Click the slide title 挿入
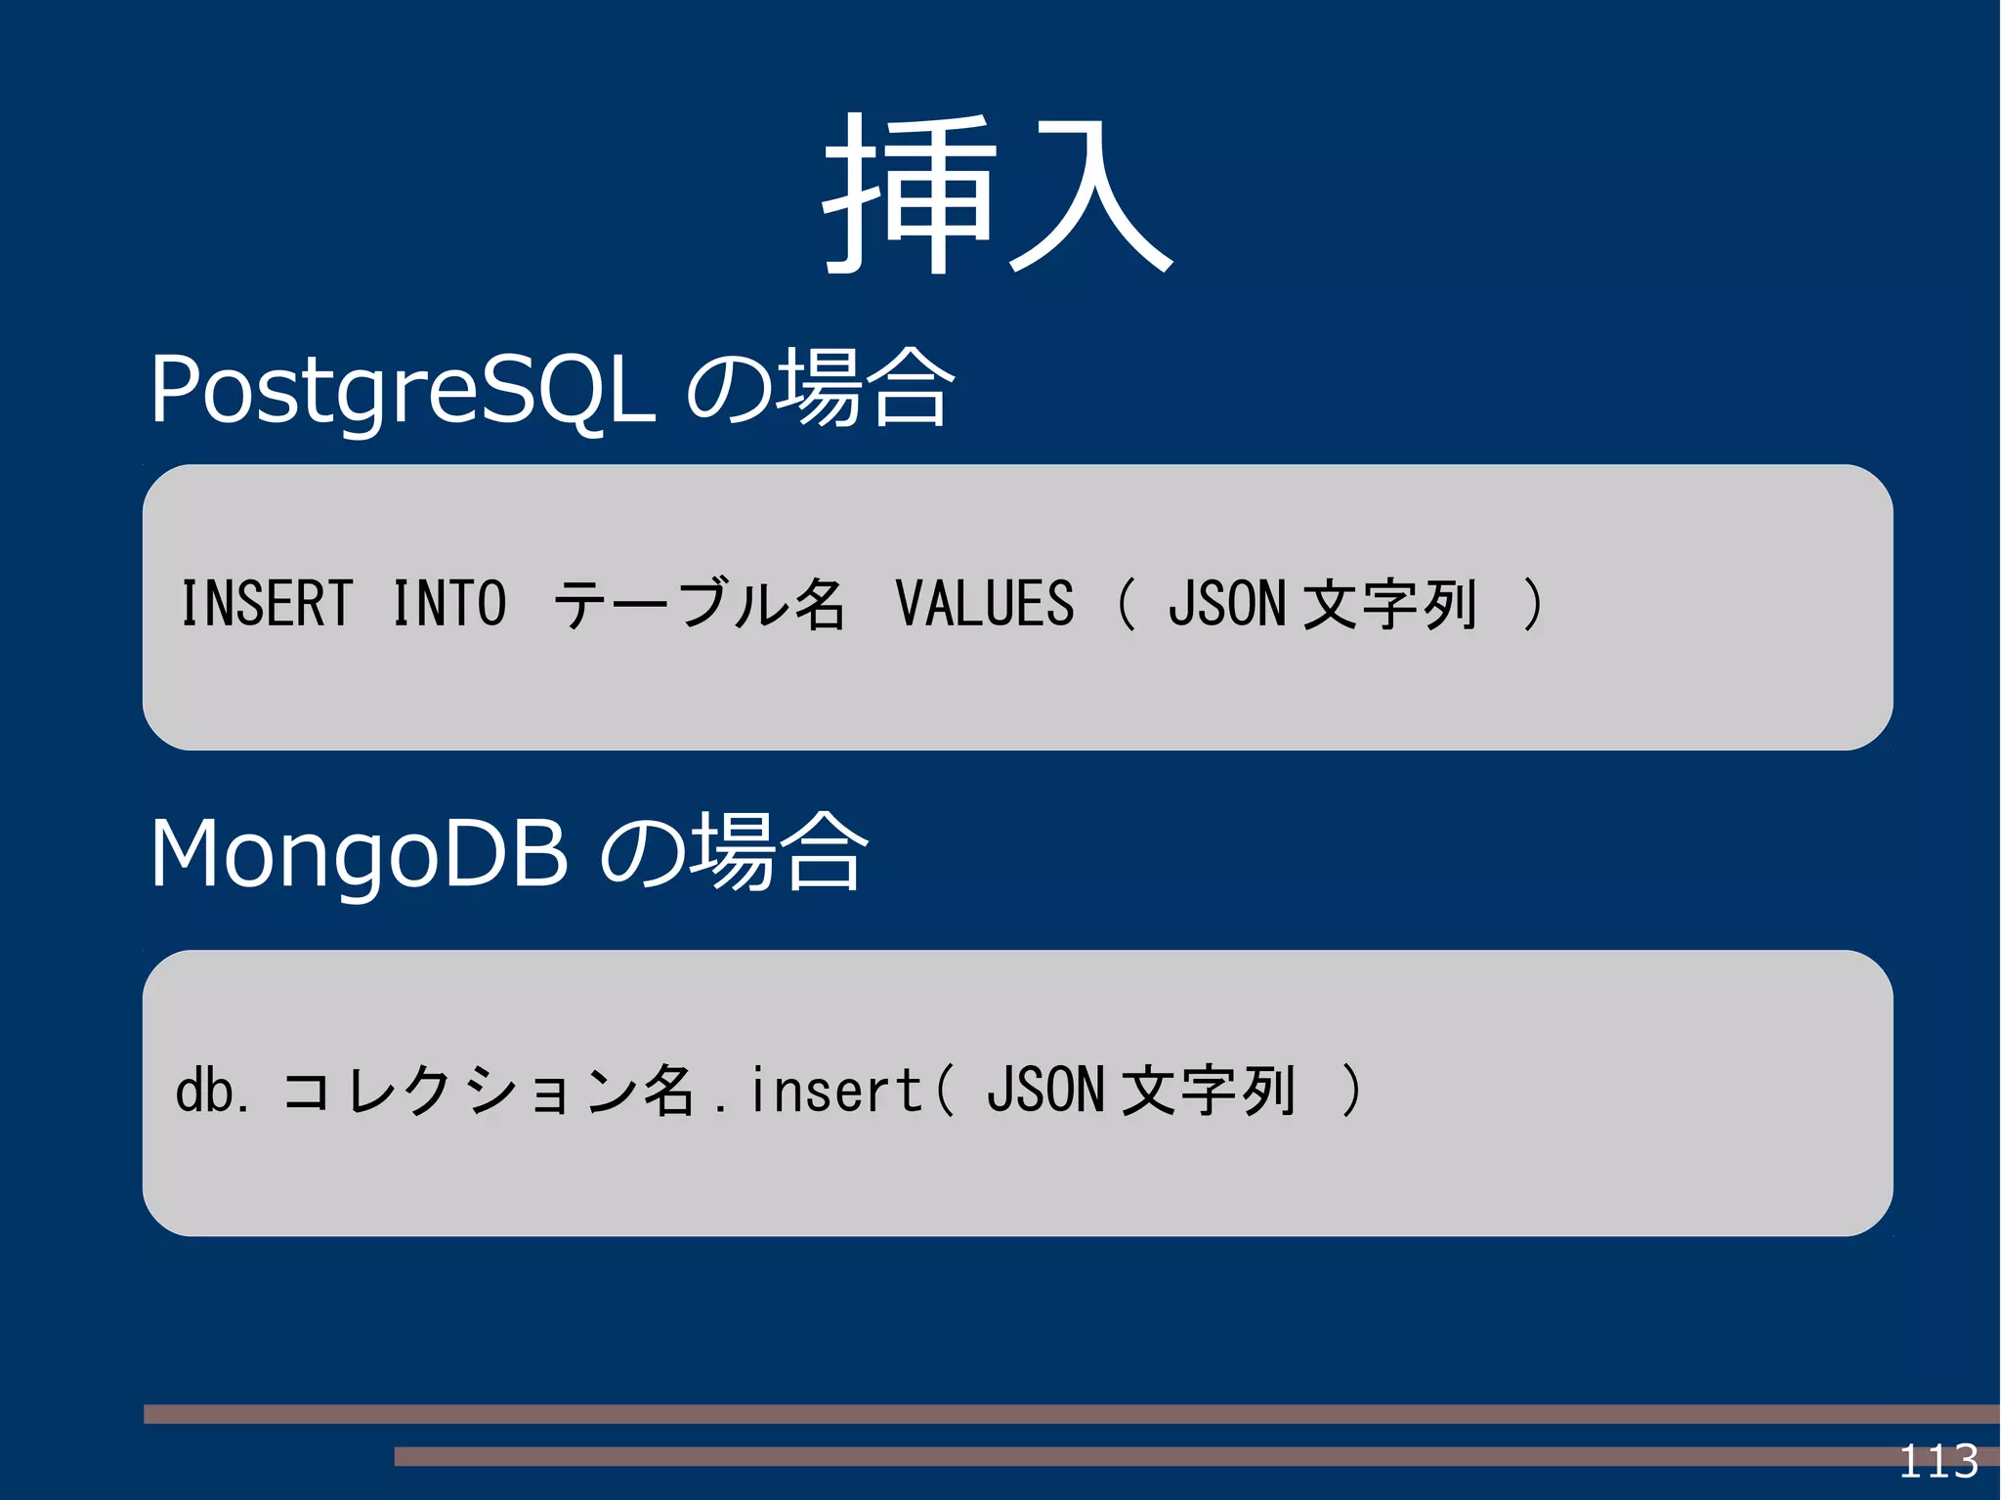pos(999,195)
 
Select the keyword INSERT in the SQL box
pos(267,603)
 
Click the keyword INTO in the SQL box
pos(449,603)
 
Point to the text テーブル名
pos(699,604)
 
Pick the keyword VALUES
pos(984,603)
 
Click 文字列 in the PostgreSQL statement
pos(1389,604)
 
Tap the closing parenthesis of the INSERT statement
pos(1532,603)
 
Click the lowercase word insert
pos(835,1091)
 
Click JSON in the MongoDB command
pos(1045,1091)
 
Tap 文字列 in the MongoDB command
pos(1209,1091)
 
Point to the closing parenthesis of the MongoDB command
pos(1351,1091)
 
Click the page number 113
pos(1938,1462)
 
